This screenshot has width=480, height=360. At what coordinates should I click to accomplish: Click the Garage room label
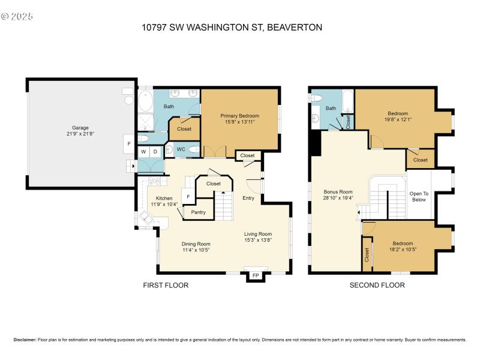pyautogui.click(x=81, y=128)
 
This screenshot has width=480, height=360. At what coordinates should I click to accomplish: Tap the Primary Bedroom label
pyautogui.click(x=239, y=115)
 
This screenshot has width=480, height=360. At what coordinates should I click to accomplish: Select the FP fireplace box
pyautogui.click(x=255, y=275)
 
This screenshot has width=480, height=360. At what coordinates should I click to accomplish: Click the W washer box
pyautogui.click(x=144, y=152)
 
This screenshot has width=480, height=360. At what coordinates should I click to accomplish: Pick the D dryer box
pyautogui.click(x=155, y=152)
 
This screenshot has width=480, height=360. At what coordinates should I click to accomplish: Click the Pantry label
pyautogui.click(x=199, y=212)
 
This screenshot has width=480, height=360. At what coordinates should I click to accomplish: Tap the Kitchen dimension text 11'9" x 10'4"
pyautogui.click(x=164, y=205)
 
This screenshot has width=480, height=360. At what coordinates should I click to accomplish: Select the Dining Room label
pyautogui.click(x=196, y=244)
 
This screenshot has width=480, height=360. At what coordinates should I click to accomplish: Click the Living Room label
pyautogui.click(x=258, y=234)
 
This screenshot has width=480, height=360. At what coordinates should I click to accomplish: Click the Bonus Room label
pyautogui.click(x=337, y=191)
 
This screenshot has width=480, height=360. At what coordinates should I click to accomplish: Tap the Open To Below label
pyautogui.click(x=418, y=196)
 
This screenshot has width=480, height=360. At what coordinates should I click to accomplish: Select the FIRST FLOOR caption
pyautogui.click(x=166, y=286)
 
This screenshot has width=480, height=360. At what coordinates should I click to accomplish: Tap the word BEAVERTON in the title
pyautogui.click(x=295, y=28)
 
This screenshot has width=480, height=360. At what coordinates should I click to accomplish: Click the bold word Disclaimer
pyautogui.click(x=25, y=340)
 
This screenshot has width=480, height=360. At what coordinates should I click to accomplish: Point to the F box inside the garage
pyautogui.click(x=128, y=144)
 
